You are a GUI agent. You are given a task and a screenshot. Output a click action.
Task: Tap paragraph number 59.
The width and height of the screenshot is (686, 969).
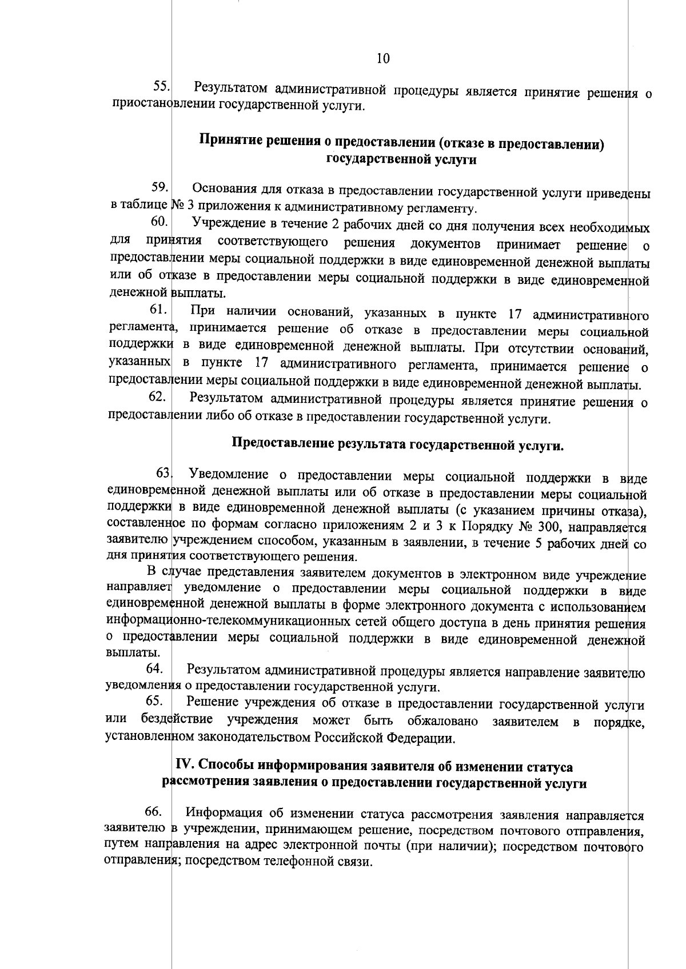coord(159,187)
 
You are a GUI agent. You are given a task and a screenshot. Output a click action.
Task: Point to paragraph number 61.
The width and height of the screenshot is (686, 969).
coord(158,309)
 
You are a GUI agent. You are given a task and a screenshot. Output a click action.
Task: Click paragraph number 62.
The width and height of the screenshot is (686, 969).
coord(157,397)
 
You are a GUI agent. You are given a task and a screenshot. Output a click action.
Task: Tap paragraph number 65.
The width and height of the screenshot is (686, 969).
coord(155,700)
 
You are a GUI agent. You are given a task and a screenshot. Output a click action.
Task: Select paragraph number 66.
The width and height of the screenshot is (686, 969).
coord(154,811)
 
